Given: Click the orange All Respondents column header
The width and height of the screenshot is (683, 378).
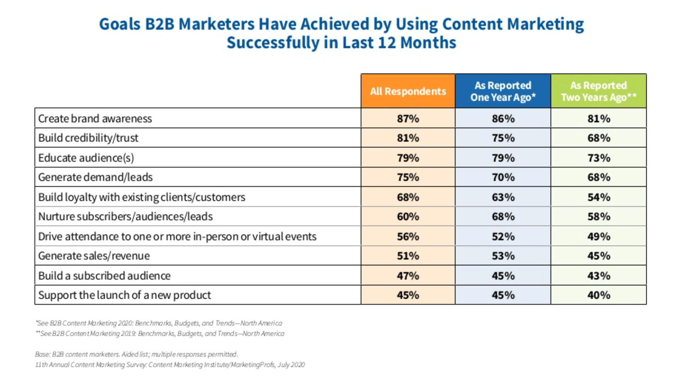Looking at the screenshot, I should click(408, 91).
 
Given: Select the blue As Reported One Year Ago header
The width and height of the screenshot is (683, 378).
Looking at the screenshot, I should click(503, 91).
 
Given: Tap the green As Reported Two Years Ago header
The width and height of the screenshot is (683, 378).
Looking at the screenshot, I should click(599, 91).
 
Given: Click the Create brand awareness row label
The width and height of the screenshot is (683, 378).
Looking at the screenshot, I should click(95, 119).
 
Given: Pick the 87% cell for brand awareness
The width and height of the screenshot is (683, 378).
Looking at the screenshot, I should click(408, 119).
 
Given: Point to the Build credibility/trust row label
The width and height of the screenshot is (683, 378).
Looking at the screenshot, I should click(88, 138).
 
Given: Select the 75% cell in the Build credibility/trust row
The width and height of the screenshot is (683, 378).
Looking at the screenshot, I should click(503, 138).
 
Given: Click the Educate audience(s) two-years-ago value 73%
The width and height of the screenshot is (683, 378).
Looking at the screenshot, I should click(599, 158).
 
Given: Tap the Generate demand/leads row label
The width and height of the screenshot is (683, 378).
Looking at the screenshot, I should click(95, 177).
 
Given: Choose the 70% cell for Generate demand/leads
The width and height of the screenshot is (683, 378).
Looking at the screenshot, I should click(503, 177).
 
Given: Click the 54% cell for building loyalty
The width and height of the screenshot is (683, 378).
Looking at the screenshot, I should click(599, 197).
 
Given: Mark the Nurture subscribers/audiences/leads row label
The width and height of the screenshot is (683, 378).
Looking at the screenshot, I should click(125, 216).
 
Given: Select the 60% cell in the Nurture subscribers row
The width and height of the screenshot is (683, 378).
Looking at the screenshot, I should click(408, 216).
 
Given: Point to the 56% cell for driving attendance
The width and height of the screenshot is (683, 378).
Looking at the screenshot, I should click(408, 236).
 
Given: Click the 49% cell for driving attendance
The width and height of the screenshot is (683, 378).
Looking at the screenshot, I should click(599, 236).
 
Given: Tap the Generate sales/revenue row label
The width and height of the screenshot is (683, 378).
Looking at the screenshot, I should click(94, 256).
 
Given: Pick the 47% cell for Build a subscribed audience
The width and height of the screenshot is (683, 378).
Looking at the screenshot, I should click(408, 275).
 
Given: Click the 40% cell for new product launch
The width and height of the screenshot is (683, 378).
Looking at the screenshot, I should click(599, 295).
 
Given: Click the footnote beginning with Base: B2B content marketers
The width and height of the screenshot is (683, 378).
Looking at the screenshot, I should click(136, 354).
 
